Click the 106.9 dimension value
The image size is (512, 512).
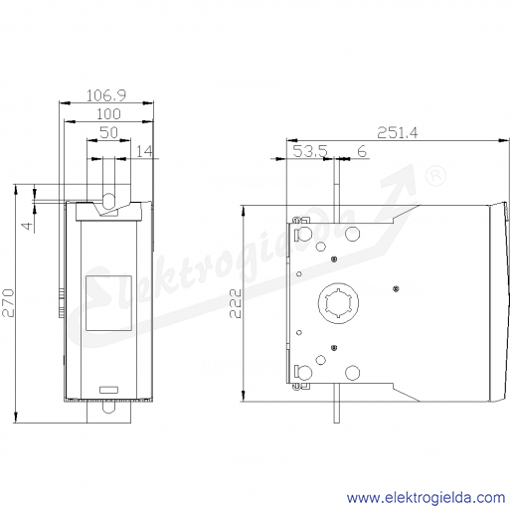coord(106,95)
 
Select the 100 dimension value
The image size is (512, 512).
coord(108,114)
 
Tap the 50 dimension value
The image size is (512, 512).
coord(108,133)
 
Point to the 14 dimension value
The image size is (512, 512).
coord(145,151)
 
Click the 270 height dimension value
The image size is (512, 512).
coord(8,303)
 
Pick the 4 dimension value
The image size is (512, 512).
coord(28,226)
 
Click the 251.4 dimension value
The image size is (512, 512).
coord(398,133)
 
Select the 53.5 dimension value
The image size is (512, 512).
coord(310,151)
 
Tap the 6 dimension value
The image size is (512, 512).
coord(362,151)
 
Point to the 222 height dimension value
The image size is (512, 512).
coord(236,303)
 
